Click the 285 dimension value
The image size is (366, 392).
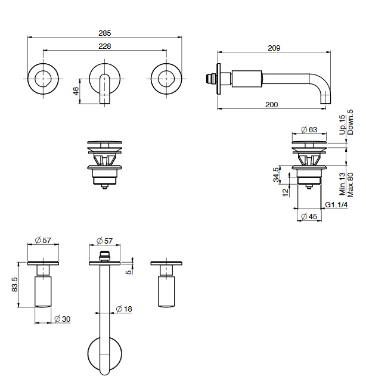click(104, 33)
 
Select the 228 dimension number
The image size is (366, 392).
click(104, 46)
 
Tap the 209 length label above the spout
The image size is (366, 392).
click(274, 48)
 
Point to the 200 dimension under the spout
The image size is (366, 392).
click(271, 104)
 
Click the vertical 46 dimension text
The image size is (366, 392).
click(76, 91)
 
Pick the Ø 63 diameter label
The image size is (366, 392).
click(309, 129)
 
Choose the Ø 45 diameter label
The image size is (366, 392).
click(309, 216)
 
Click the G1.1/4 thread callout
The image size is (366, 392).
click(336, 205)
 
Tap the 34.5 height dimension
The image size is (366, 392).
click(275, 175)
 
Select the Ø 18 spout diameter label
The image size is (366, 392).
click(124, 309)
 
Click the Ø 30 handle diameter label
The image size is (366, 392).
click(63, 319)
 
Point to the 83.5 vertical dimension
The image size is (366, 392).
click(14, 285)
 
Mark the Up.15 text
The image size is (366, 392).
click(342, 125)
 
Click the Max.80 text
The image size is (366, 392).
click(351, 185)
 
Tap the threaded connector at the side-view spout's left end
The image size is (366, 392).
click(210, 79)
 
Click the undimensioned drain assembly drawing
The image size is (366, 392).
click(104, 164)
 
